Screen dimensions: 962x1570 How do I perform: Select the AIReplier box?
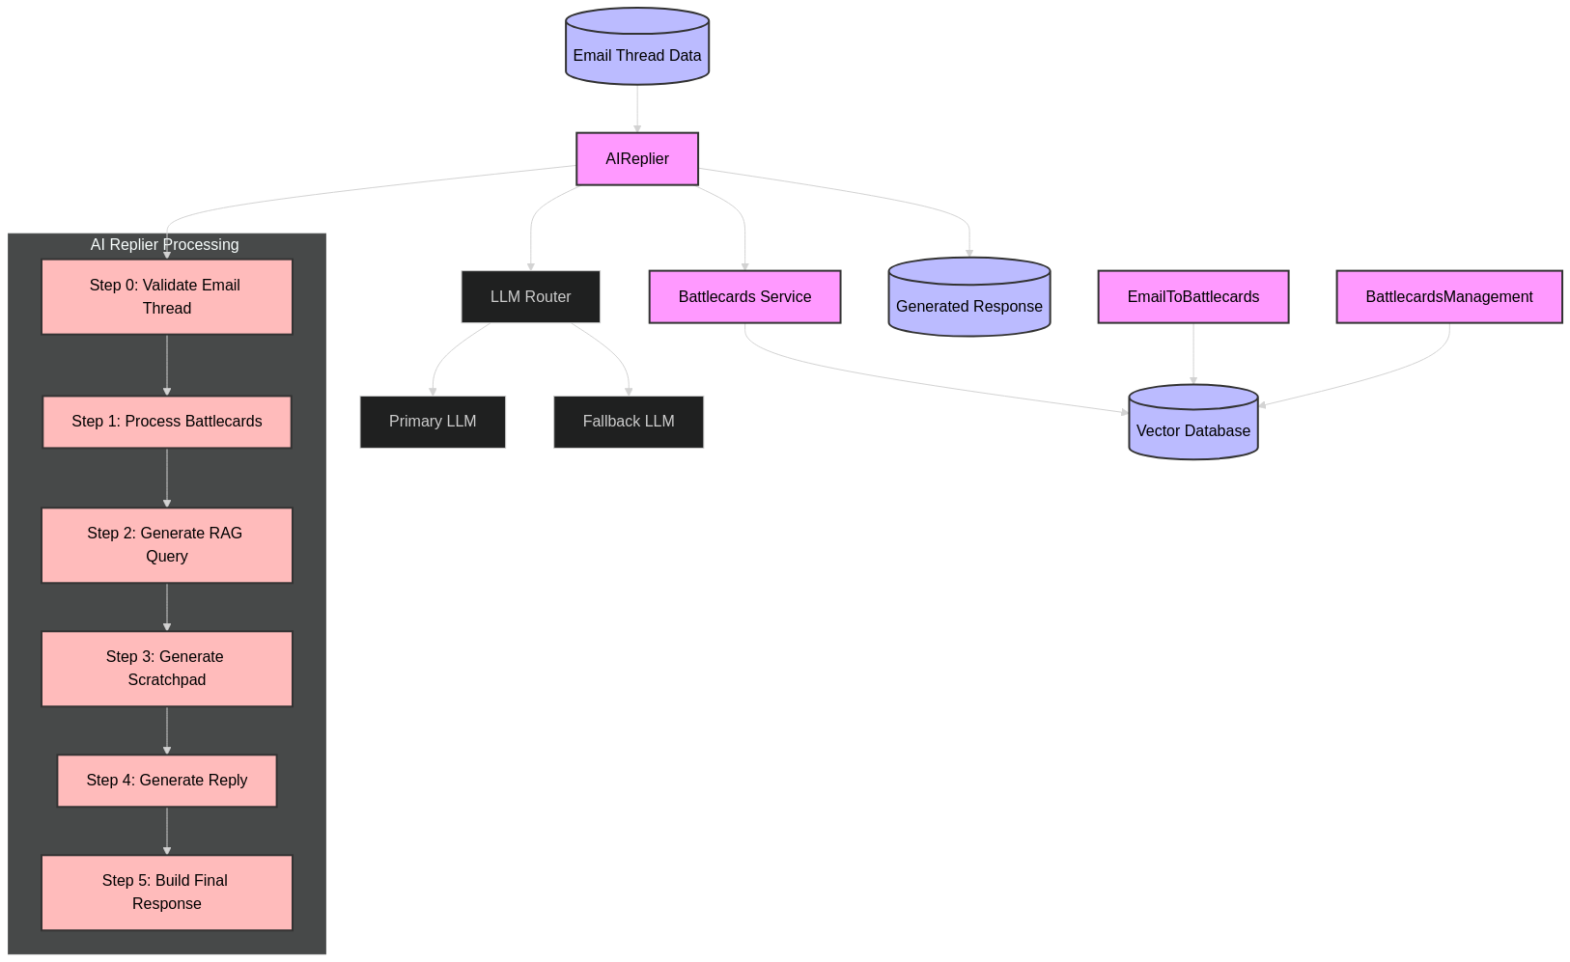point(637,159)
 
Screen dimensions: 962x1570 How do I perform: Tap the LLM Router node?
point(531,297)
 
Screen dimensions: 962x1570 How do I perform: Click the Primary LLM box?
point(433,422)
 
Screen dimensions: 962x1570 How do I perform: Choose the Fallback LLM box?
point(629,422)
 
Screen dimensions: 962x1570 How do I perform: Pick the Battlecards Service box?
point(744,297)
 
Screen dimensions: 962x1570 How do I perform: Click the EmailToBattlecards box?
point(1193,297)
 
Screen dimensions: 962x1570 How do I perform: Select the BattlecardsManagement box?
point(1449,297)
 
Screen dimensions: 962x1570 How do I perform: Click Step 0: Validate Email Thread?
point(167,297)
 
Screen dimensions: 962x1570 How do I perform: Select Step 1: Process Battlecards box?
point(167,422)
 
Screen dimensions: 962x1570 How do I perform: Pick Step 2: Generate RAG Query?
point(167,545)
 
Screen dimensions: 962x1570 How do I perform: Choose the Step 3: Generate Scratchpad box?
point(167,669)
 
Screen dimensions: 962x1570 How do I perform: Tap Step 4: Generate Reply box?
point(167,781)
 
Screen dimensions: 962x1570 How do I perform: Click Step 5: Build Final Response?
point(167,893)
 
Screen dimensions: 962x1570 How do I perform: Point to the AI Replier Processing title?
point(164,245)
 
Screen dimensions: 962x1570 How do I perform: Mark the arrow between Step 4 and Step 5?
point(167,831)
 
